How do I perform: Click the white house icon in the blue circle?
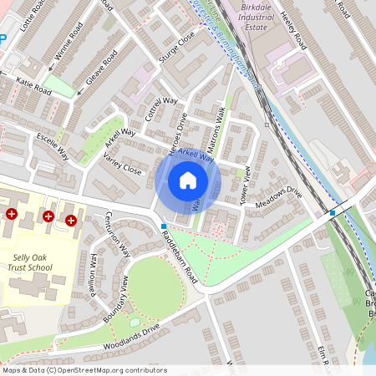click(x=188, y=180)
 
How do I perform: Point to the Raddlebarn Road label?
click(x=177, y=254)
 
